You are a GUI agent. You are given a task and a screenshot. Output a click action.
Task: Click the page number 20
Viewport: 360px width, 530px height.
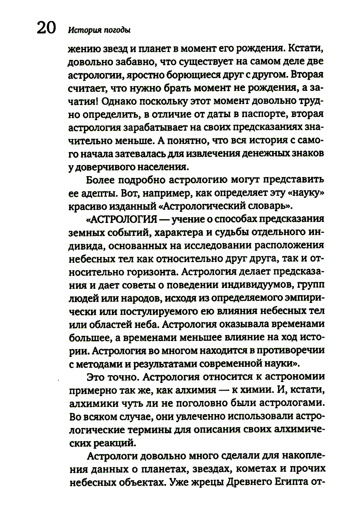point(46,28)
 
